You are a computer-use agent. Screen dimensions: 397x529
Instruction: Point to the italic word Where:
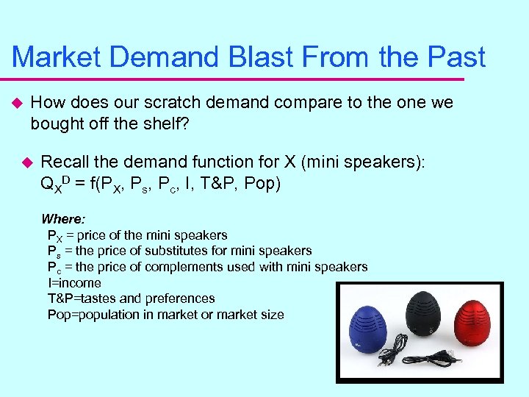[x=63, y=219]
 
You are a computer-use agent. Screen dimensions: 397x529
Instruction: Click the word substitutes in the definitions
[x=183, y=251]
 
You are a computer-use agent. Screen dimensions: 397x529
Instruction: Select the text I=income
[x=74, y=283]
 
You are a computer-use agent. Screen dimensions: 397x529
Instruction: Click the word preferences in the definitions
[x=179, y=298]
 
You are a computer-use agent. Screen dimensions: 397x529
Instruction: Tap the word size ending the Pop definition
[x=270, y=315]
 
